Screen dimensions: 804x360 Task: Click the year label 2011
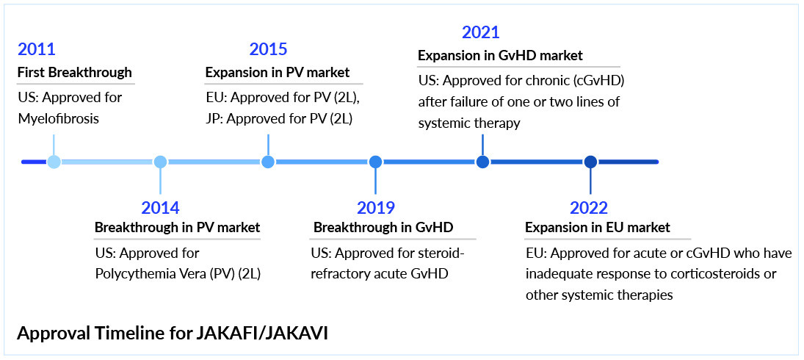tap(37, 49)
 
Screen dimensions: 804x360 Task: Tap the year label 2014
tap(161, 208)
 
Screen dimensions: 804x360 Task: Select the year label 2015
tap(268, 49)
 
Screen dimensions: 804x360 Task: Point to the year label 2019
tap(376, 208)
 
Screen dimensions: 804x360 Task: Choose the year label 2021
tap(480, 33)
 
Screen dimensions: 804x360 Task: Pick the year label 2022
tap(589, 208)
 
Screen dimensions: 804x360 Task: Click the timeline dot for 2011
tap(54, 162)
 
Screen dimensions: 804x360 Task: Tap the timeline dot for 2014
tap(161, 162)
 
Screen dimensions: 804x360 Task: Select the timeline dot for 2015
tap(268, 162)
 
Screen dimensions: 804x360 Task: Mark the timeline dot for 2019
tap(376, 162)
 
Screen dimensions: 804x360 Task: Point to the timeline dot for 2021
tap(482, 162)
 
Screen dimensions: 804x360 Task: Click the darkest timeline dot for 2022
tap(590, 162)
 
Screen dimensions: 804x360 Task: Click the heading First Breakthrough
tap(75, 72)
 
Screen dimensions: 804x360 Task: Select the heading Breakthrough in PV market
tap(178, 227)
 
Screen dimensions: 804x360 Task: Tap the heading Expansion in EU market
tap(598, 227)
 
